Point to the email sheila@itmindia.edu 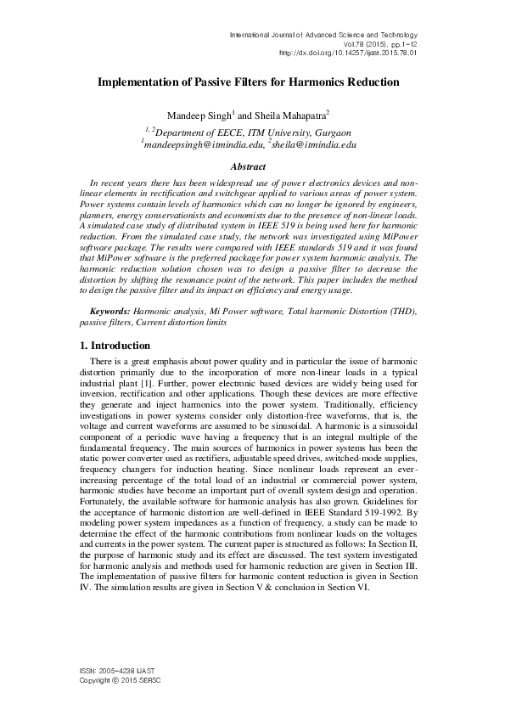312,145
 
